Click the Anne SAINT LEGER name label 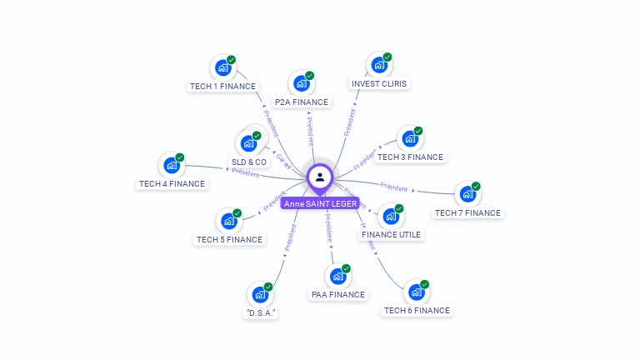[x=320, y=203]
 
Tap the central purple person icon [x=320, y=177]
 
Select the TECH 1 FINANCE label [x=222, y=86]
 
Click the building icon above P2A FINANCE [x=302, y=83]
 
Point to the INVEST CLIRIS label [x=379, y=83]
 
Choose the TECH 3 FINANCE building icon [x=410, y=138]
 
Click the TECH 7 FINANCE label [x=467, y=212]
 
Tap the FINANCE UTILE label [x=392, y=234]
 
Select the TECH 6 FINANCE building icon [x=416, y=292]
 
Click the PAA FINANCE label [x=337, y=294]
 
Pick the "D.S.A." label [x=261, y=312]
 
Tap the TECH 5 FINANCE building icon [x=228, y=222]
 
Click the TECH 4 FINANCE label [x=172, y=183]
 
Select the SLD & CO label [x=249, y=162]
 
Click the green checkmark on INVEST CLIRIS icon [x=387, y=57]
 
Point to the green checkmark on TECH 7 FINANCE [x=476, y=186]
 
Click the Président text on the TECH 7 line [x=394, y=187]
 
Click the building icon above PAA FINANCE [x=337, y=276]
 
